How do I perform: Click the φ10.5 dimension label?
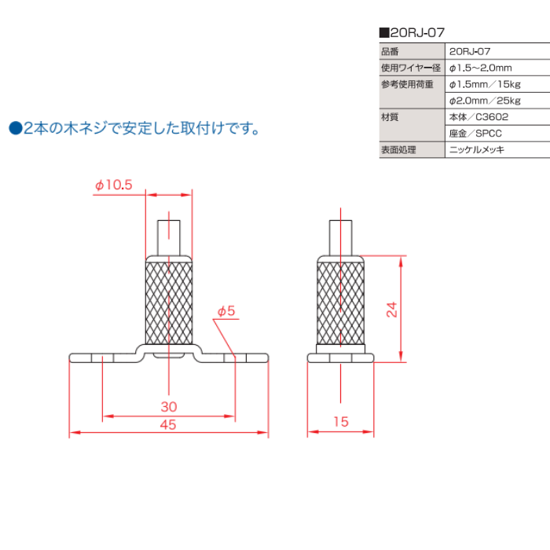(x=114, y=185)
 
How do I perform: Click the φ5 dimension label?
(x=226, y=312)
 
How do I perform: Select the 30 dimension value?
(x=168, y=406)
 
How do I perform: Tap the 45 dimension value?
(x=168, y=424)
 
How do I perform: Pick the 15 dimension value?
(x=340, y=422)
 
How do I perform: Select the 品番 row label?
(x=390, y=52)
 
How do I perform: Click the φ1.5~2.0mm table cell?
(x=480, y=68)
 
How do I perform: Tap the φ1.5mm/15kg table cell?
(x=485, y=84)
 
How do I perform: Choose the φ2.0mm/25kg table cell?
(x=485, y=101)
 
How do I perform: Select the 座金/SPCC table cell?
(x=475, y=133)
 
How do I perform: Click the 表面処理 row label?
(x=398, y=149)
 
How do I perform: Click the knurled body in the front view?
(x=169, y=302)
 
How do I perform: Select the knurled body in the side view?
(x=340, y=302)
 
